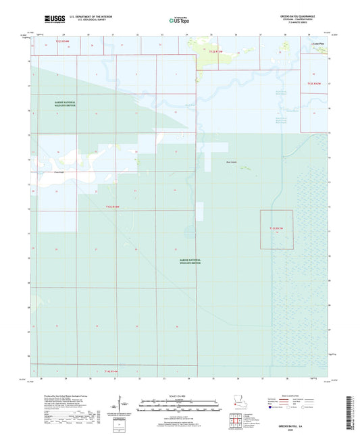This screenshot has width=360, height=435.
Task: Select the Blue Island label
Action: pyautogui.click(x=231, y=162)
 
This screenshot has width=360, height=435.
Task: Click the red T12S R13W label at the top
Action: pyautogui.click(x=215, y=51)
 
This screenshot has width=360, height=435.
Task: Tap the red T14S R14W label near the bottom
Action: pyautogui.click(x=111, y=372)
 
